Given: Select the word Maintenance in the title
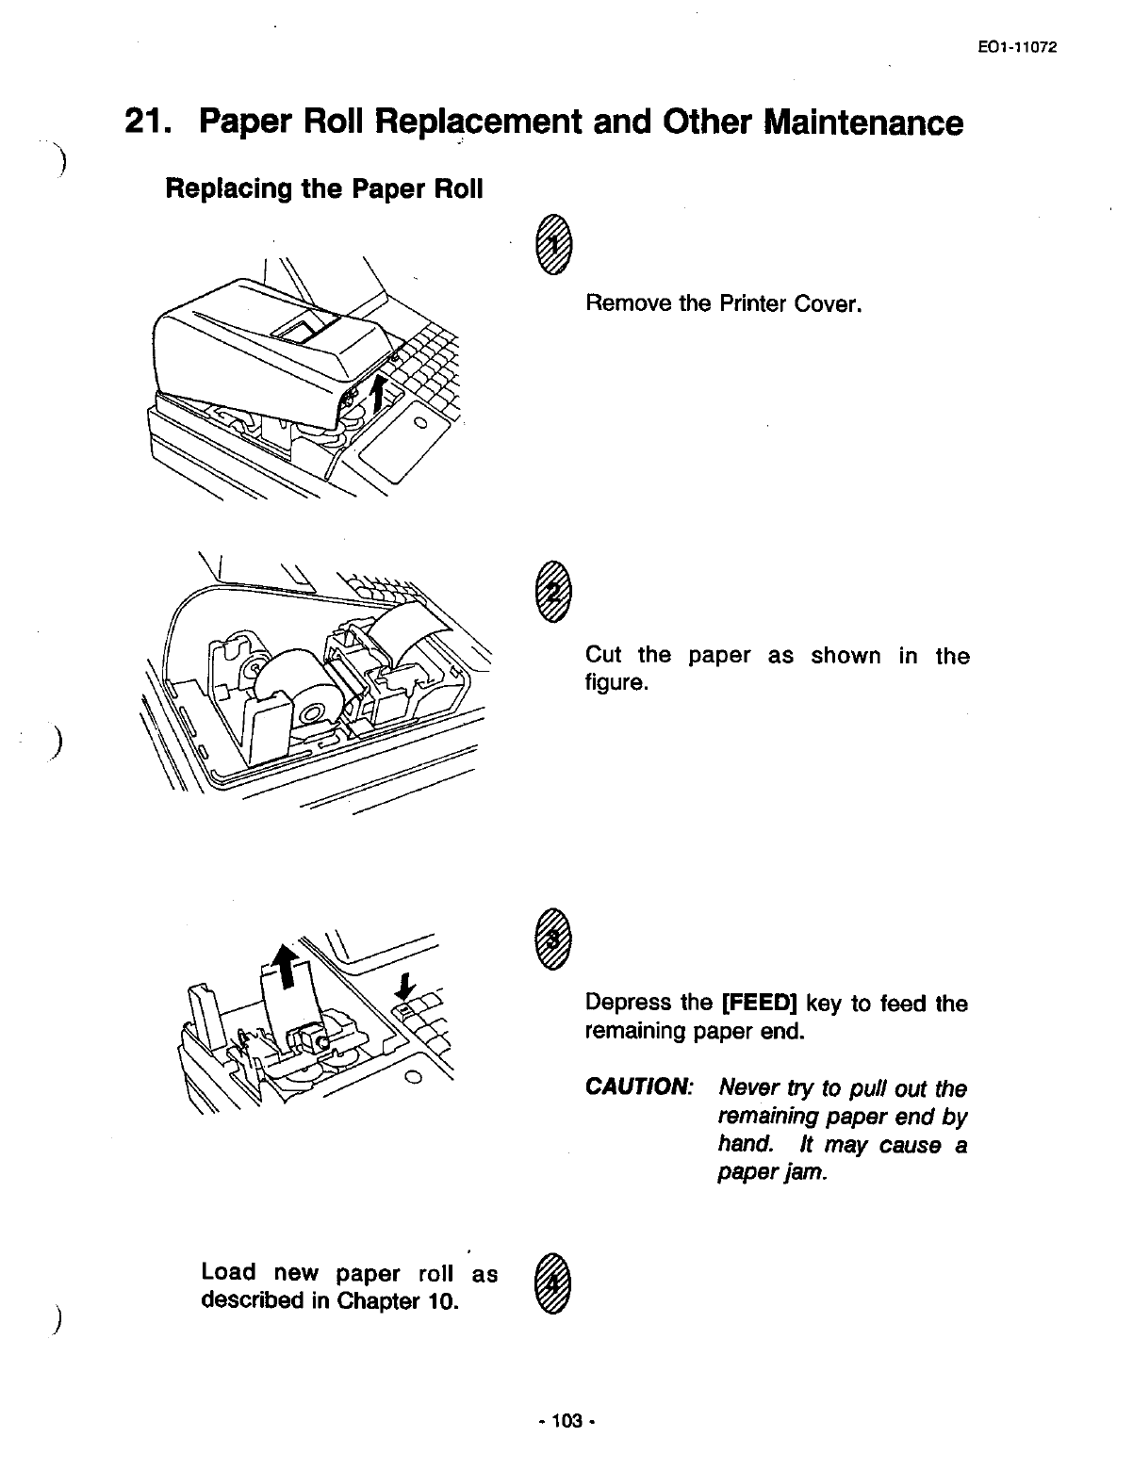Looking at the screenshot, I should click(x=863, y=124).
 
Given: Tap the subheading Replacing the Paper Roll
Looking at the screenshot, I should click(x=323, y=188).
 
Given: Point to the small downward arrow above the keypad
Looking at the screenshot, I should click(x=404, y=988).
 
